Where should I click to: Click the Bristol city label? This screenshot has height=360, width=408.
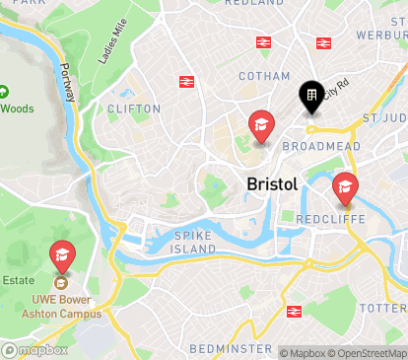271,183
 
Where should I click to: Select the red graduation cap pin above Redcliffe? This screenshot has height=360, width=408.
344,185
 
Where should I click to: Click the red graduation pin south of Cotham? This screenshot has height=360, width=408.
261,124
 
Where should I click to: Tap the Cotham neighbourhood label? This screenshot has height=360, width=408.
264,76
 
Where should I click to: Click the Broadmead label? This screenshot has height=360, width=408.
312,145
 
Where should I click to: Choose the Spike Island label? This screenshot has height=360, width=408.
193,243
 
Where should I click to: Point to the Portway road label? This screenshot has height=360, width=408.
68,83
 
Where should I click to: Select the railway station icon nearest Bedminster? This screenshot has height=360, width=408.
293,312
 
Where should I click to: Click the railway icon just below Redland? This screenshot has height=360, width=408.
263,42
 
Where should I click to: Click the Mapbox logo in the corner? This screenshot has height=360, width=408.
35,350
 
